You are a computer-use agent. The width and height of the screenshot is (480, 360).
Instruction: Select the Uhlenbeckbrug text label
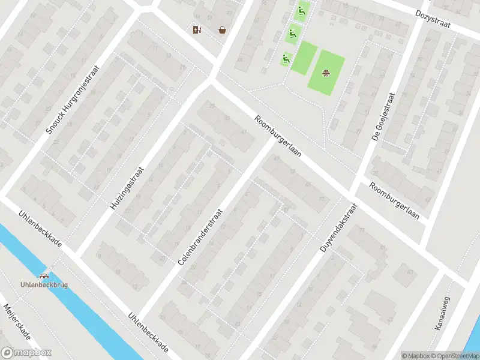(44, 284)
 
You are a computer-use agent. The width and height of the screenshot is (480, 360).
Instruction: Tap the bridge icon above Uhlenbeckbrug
(44, 276)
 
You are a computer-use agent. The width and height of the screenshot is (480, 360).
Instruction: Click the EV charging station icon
(196, 29)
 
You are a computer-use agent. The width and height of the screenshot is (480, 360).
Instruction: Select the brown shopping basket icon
(222, 29)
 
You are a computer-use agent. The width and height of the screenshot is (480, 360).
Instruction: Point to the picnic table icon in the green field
(326, 73)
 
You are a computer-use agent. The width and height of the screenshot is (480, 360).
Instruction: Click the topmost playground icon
(301, 10)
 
